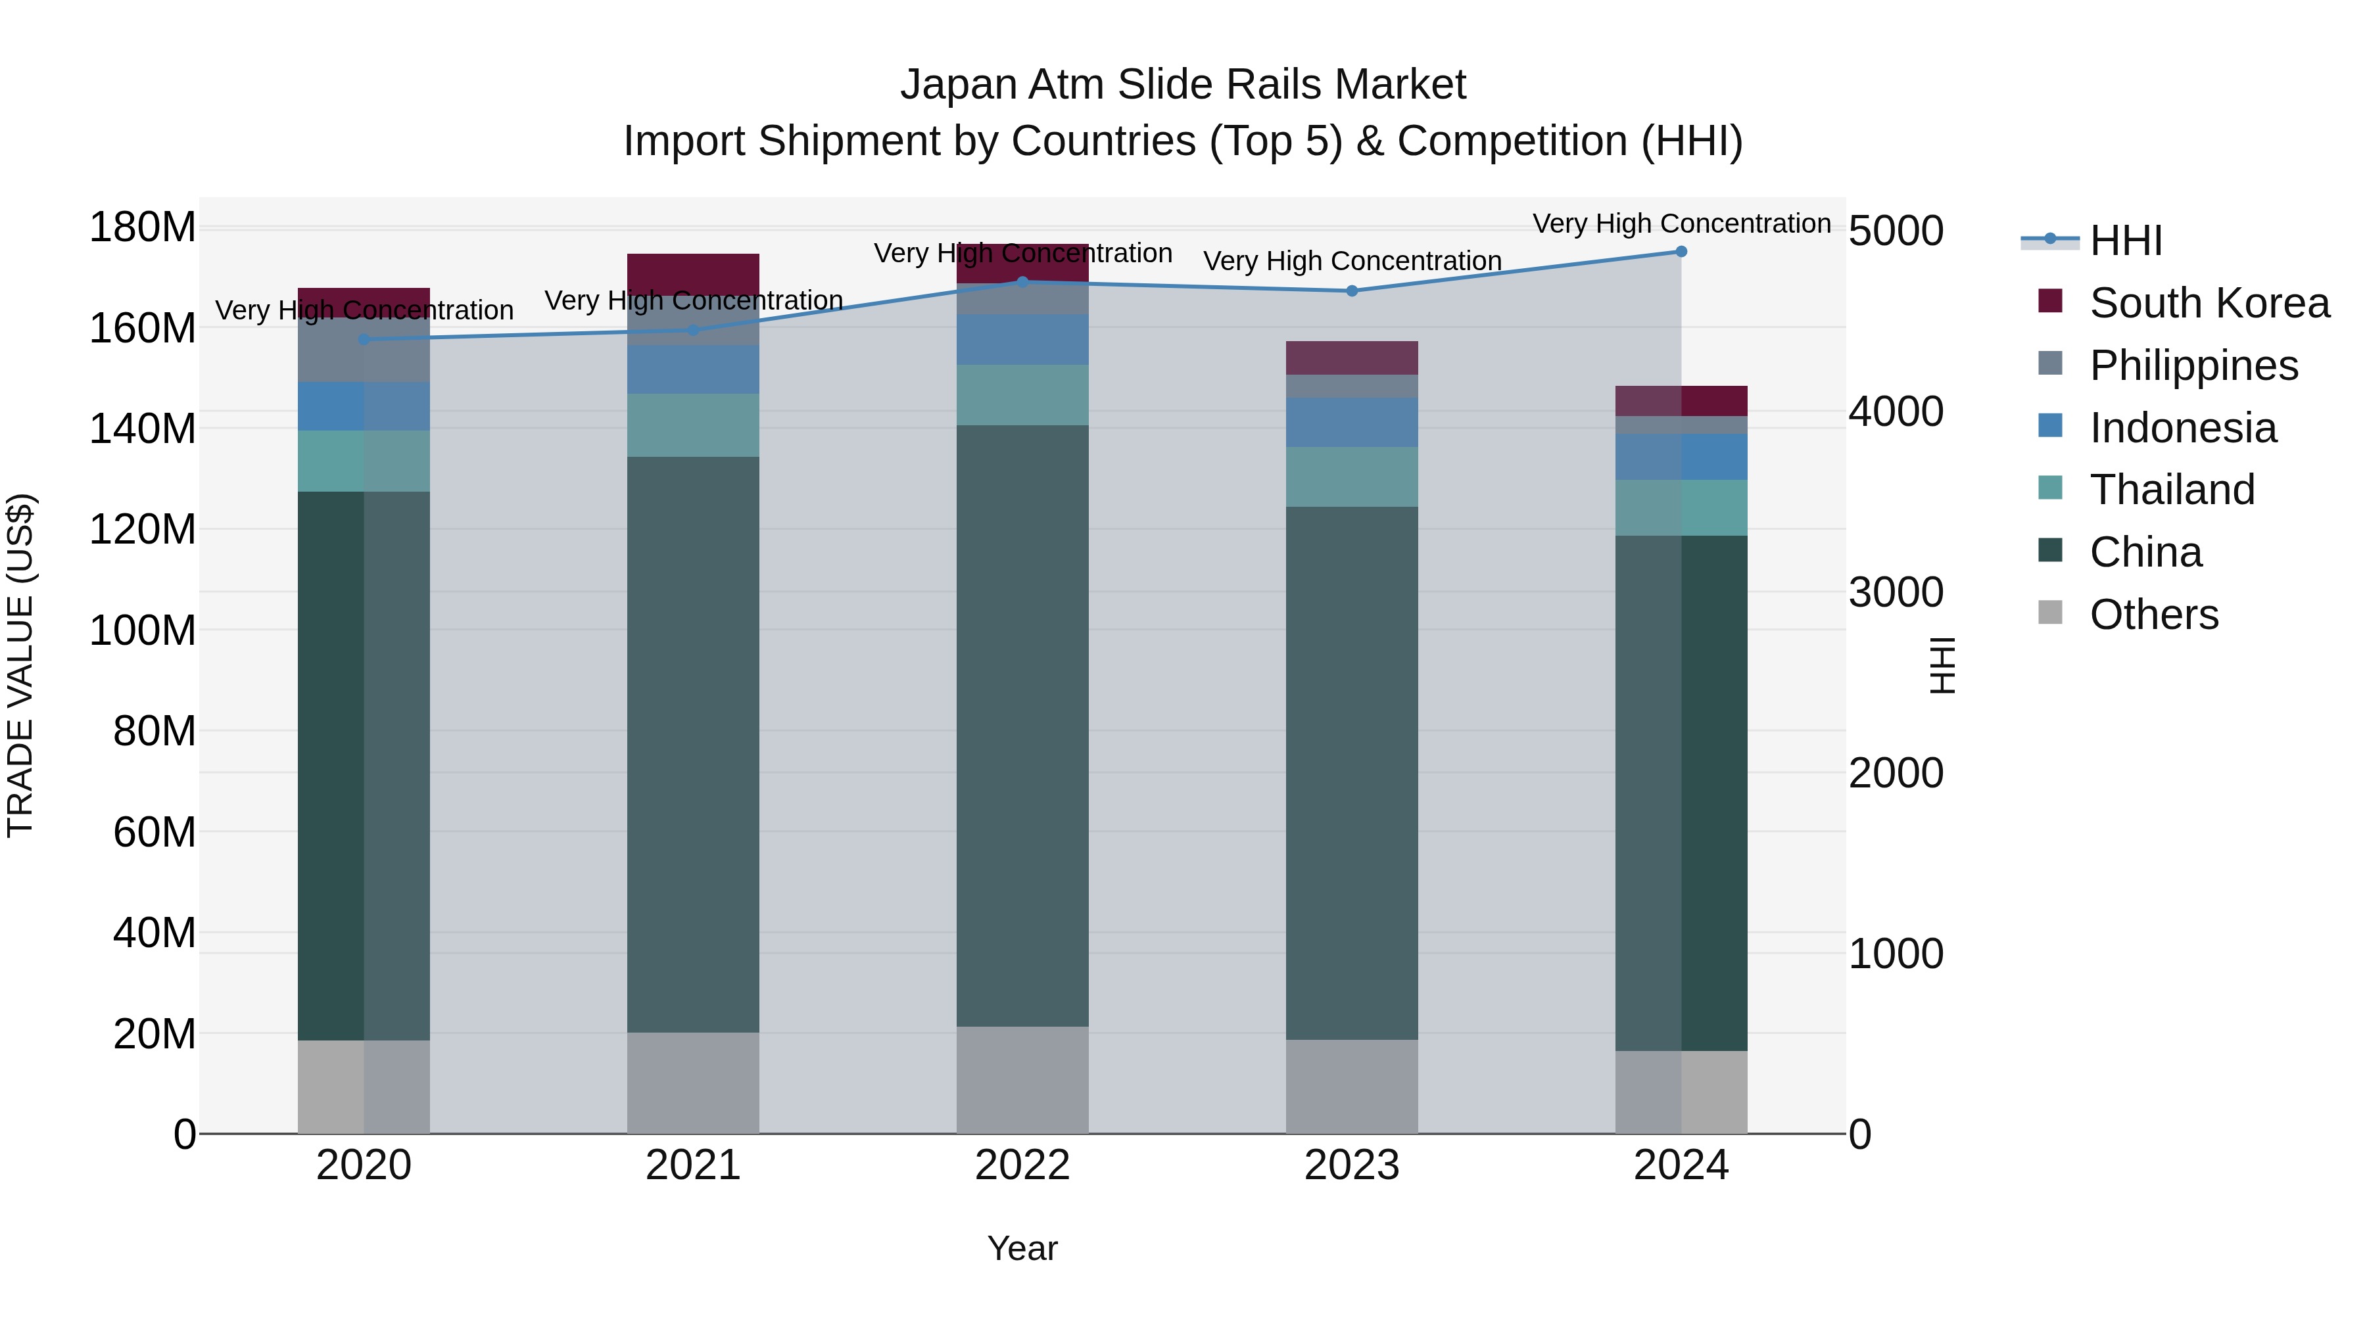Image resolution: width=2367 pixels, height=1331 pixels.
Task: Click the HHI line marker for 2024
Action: coord(1681,252)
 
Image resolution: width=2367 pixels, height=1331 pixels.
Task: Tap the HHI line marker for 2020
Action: coord(364,340)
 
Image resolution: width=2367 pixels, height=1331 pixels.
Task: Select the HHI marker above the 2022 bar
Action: coord(1022,282)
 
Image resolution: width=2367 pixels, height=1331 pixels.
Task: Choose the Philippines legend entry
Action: coord(2193,365)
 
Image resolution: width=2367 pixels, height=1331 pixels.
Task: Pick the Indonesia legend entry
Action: coord(2182,428)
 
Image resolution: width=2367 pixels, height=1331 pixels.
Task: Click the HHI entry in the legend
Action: coord(2125,241)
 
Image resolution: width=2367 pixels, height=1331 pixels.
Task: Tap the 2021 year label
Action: coord(693,1165)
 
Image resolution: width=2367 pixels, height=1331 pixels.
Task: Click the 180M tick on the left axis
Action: coord(143,227)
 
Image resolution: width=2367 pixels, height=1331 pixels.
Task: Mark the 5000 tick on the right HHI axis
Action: coord(1896,231)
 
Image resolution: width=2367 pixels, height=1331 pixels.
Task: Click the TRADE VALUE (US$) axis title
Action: coord(21,665)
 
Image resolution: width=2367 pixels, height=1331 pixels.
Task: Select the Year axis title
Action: coord(1022,1249)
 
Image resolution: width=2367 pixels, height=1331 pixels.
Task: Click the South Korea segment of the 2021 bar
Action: coord(693,273)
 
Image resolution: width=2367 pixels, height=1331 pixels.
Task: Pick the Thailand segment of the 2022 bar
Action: coord(1022,395)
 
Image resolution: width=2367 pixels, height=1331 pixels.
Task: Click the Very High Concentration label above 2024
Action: coord(1681,223)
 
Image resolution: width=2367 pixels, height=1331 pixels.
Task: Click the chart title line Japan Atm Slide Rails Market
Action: coord(1183,85)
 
